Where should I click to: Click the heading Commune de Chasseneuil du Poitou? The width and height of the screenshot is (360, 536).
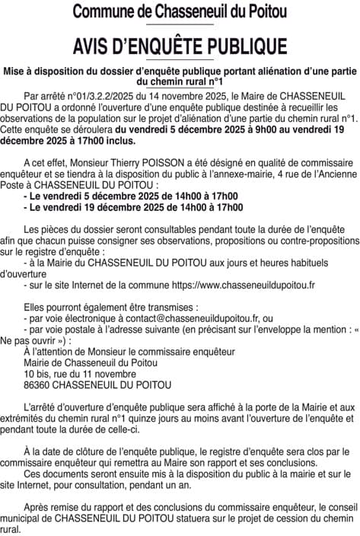coord(180,11)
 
